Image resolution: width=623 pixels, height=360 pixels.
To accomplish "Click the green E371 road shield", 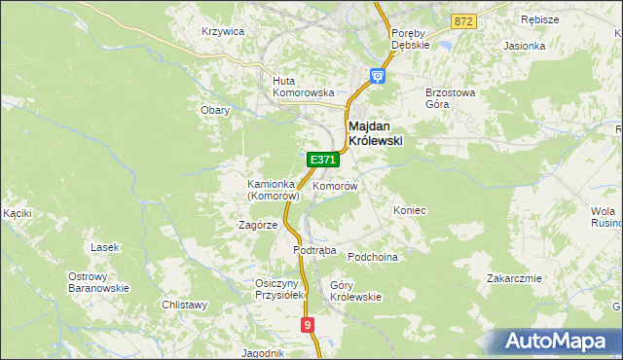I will pyautogui.click(x=322, y=160).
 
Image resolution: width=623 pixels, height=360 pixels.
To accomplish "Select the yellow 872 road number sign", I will pyautogui.click(x=463, y=20).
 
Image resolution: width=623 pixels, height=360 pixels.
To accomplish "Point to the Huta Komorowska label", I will pyautogui.click(x=304, y=87).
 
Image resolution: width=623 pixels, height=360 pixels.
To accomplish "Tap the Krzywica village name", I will pyautogui.click(x=222, y=31).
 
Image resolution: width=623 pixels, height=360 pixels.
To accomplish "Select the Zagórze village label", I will pyautogui.click(x=258, y=225).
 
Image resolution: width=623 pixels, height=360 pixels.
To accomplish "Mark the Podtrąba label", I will pyautogui.click(x=314, y=250).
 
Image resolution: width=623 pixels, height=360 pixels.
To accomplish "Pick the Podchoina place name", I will pyautogui.click(x=374, y=256).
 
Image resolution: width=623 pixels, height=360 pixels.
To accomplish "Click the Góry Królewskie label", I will pyautogui.click(x=355, y=291).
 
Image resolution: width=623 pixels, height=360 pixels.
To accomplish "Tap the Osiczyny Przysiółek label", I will pyautogui.click(x=280, y=289).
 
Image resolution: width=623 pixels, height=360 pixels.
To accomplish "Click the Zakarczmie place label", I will pyautogui.click(x=514, y=278).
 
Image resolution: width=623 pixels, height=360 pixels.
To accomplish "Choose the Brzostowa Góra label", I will pyautogui.click(x=450, y=97).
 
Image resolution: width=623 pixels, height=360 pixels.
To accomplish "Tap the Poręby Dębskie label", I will pyautogui.click(x=410, y=38).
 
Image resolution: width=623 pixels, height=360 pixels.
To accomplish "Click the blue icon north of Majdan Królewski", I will pyautogui.click(x=378, y=75).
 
